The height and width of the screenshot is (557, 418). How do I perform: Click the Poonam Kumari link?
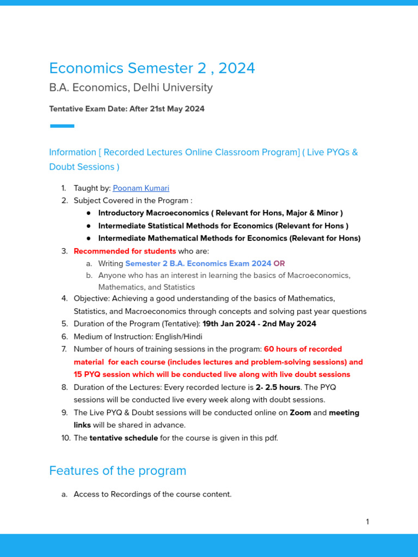coord(141,188)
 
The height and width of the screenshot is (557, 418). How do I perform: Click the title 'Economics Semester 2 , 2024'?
coord(152,69)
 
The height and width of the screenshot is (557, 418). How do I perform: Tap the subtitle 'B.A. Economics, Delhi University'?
coord(131,88)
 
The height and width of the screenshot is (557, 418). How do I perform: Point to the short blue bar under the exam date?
coord(62,126)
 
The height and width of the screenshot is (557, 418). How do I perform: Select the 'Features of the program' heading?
coord(118,471)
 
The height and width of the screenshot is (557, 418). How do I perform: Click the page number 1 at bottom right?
coord(367,522)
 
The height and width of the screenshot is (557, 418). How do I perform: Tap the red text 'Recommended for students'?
coord(125,251)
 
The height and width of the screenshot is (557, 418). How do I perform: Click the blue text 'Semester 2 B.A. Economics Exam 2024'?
coord(198,263)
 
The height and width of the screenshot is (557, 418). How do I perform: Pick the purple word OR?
coord(279,263)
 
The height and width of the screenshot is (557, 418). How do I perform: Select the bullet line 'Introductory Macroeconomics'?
coord(220,213)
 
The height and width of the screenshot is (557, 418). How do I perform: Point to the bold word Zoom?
coord(300,412)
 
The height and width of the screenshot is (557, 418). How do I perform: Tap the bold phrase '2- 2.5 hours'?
coord(278,387)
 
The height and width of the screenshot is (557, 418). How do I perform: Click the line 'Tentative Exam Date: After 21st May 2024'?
coord(127,109)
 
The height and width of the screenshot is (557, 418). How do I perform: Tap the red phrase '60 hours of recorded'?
coord(303,349)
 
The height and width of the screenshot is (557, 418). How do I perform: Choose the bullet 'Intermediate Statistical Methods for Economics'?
coord(223,226)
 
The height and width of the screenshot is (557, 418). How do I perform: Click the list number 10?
coord(64,438)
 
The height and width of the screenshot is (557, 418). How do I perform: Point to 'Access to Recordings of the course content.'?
coord(152,494)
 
